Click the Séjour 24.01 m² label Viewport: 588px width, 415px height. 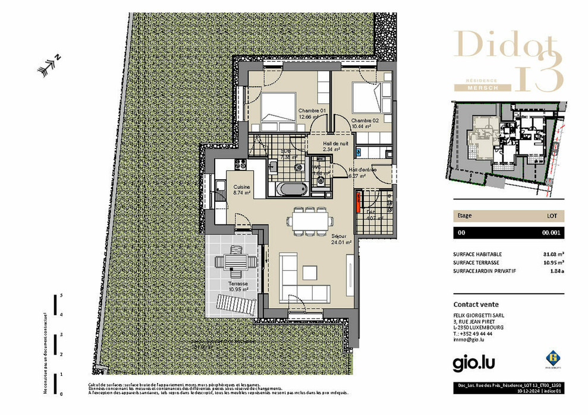341,239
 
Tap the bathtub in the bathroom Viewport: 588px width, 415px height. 291,189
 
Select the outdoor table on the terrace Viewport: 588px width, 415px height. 235,261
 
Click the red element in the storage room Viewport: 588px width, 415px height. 358,202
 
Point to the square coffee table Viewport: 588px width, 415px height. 310,273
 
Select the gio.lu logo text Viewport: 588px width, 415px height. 474,361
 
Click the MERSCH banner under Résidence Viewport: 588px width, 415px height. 482,87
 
